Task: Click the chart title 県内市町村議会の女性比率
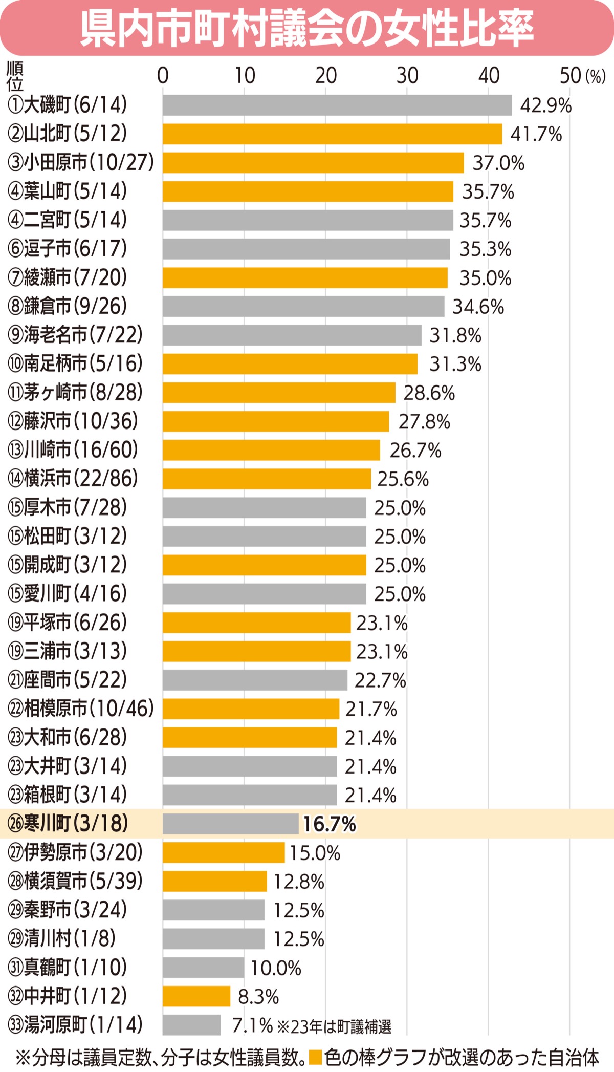tap(307, 28)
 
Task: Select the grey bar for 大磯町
tap(337, 105)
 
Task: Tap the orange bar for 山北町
tap(332, 134)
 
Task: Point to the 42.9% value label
tap(545, 105)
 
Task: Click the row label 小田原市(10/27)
tap(81, 163)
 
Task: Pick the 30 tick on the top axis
tap(407, 76)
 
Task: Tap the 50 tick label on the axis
tap(570, 76)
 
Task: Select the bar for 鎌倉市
tap(303, 307)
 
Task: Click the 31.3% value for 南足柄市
tap(455, 364)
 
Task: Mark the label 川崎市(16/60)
tap(73, 450)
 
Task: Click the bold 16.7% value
tap(329, 824)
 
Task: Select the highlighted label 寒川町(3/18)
tap(68, 824)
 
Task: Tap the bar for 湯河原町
tap(191, 1025)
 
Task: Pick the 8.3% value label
tap(258, 997)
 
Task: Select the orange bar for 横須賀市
tap(214, 882)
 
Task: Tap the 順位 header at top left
tap(14, 76)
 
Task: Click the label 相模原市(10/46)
tap(81, 709)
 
